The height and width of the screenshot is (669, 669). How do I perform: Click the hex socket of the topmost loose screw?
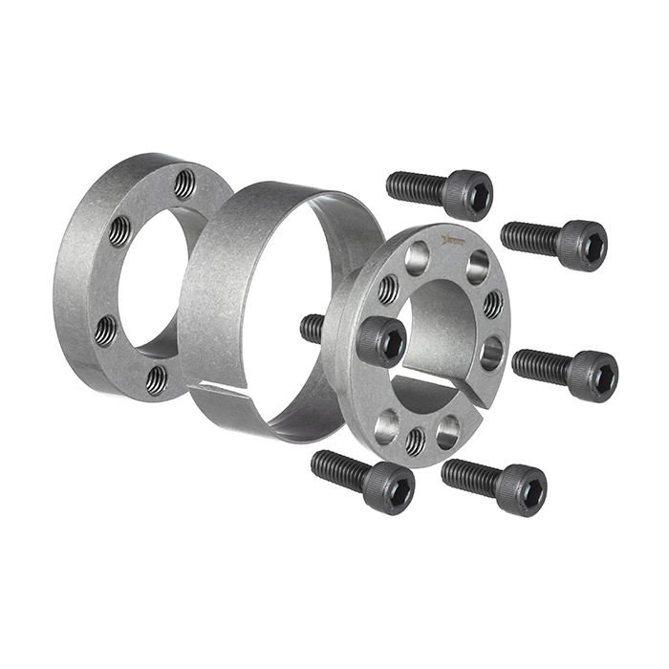point(479,196)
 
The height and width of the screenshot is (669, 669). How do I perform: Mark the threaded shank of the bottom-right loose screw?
point(470,474)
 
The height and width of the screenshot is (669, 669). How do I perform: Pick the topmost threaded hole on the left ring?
point(184,183)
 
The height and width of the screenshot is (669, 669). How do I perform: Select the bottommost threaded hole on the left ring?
point(156,379)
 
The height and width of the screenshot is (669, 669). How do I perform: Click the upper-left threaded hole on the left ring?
point(119,230)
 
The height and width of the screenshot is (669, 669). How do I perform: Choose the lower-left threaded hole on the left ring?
point(106,330)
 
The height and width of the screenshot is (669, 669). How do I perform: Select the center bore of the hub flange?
point(435,330)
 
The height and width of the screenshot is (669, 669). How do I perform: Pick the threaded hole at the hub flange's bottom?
point(415,441)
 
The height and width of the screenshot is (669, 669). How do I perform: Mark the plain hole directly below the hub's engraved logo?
point(417,256)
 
